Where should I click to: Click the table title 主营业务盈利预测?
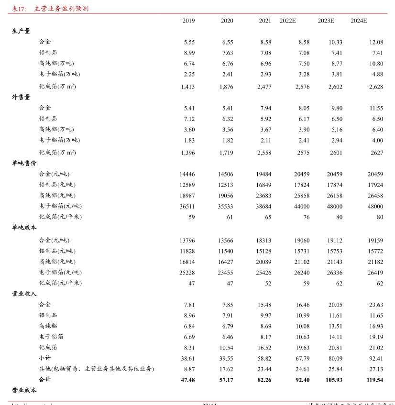(61, 9)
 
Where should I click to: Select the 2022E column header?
(288, 21)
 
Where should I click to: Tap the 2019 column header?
(189, 21)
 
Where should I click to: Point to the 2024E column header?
(359, 21)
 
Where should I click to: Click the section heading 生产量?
(21, 31)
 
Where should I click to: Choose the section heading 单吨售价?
(24, 163)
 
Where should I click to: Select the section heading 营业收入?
(24, 294)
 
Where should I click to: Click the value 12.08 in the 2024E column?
(376, 42)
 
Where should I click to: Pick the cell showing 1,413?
(188, 87)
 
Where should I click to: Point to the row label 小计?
(45, 358)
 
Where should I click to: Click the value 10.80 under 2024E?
(376, 64)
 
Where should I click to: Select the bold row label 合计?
(45, 380)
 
